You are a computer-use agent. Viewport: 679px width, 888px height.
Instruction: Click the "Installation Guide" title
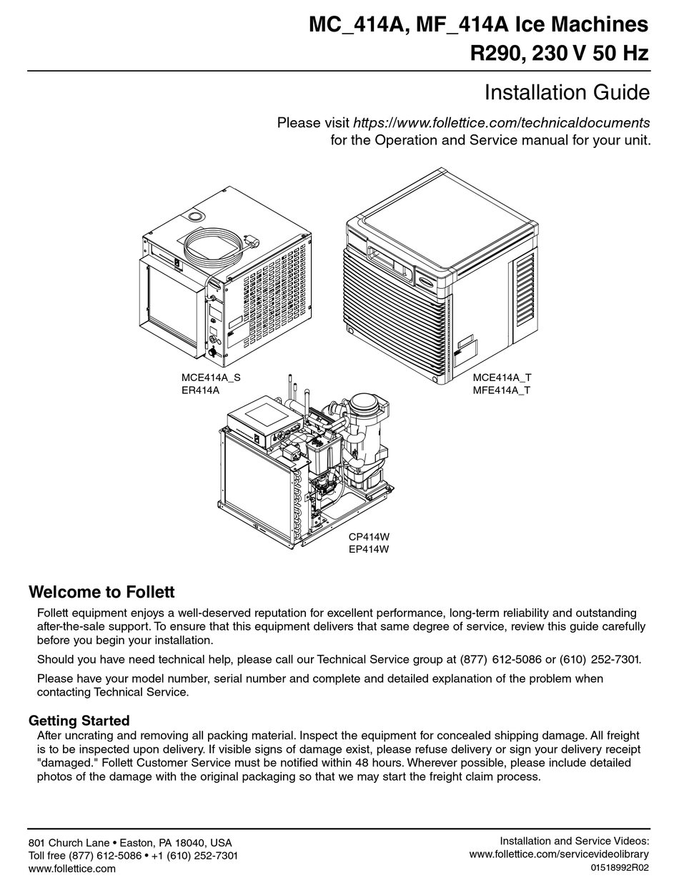pyautogui.click(x=567, y=93)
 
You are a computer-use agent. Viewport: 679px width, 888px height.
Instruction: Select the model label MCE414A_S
pyautogui.click(x=211, y=378)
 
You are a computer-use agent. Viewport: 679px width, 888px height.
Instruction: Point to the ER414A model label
pyautogui.click(x=200, y=390)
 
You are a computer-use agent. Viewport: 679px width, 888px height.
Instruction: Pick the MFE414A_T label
pyautogui.click(x=502, y=390)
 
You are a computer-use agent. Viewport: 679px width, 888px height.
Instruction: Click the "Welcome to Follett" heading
pyautogui.click(x=101, y=592)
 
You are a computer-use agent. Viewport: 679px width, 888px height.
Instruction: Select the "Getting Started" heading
pyautogui.click(x=79, y=720)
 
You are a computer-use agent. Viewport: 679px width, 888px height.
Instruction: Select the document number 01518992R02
pyautogui.click(x=620, y=868)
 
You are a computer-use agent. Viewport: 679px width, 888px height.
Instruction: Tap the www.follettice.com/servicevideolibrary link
pyautogui.click(x=559, y=854)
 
